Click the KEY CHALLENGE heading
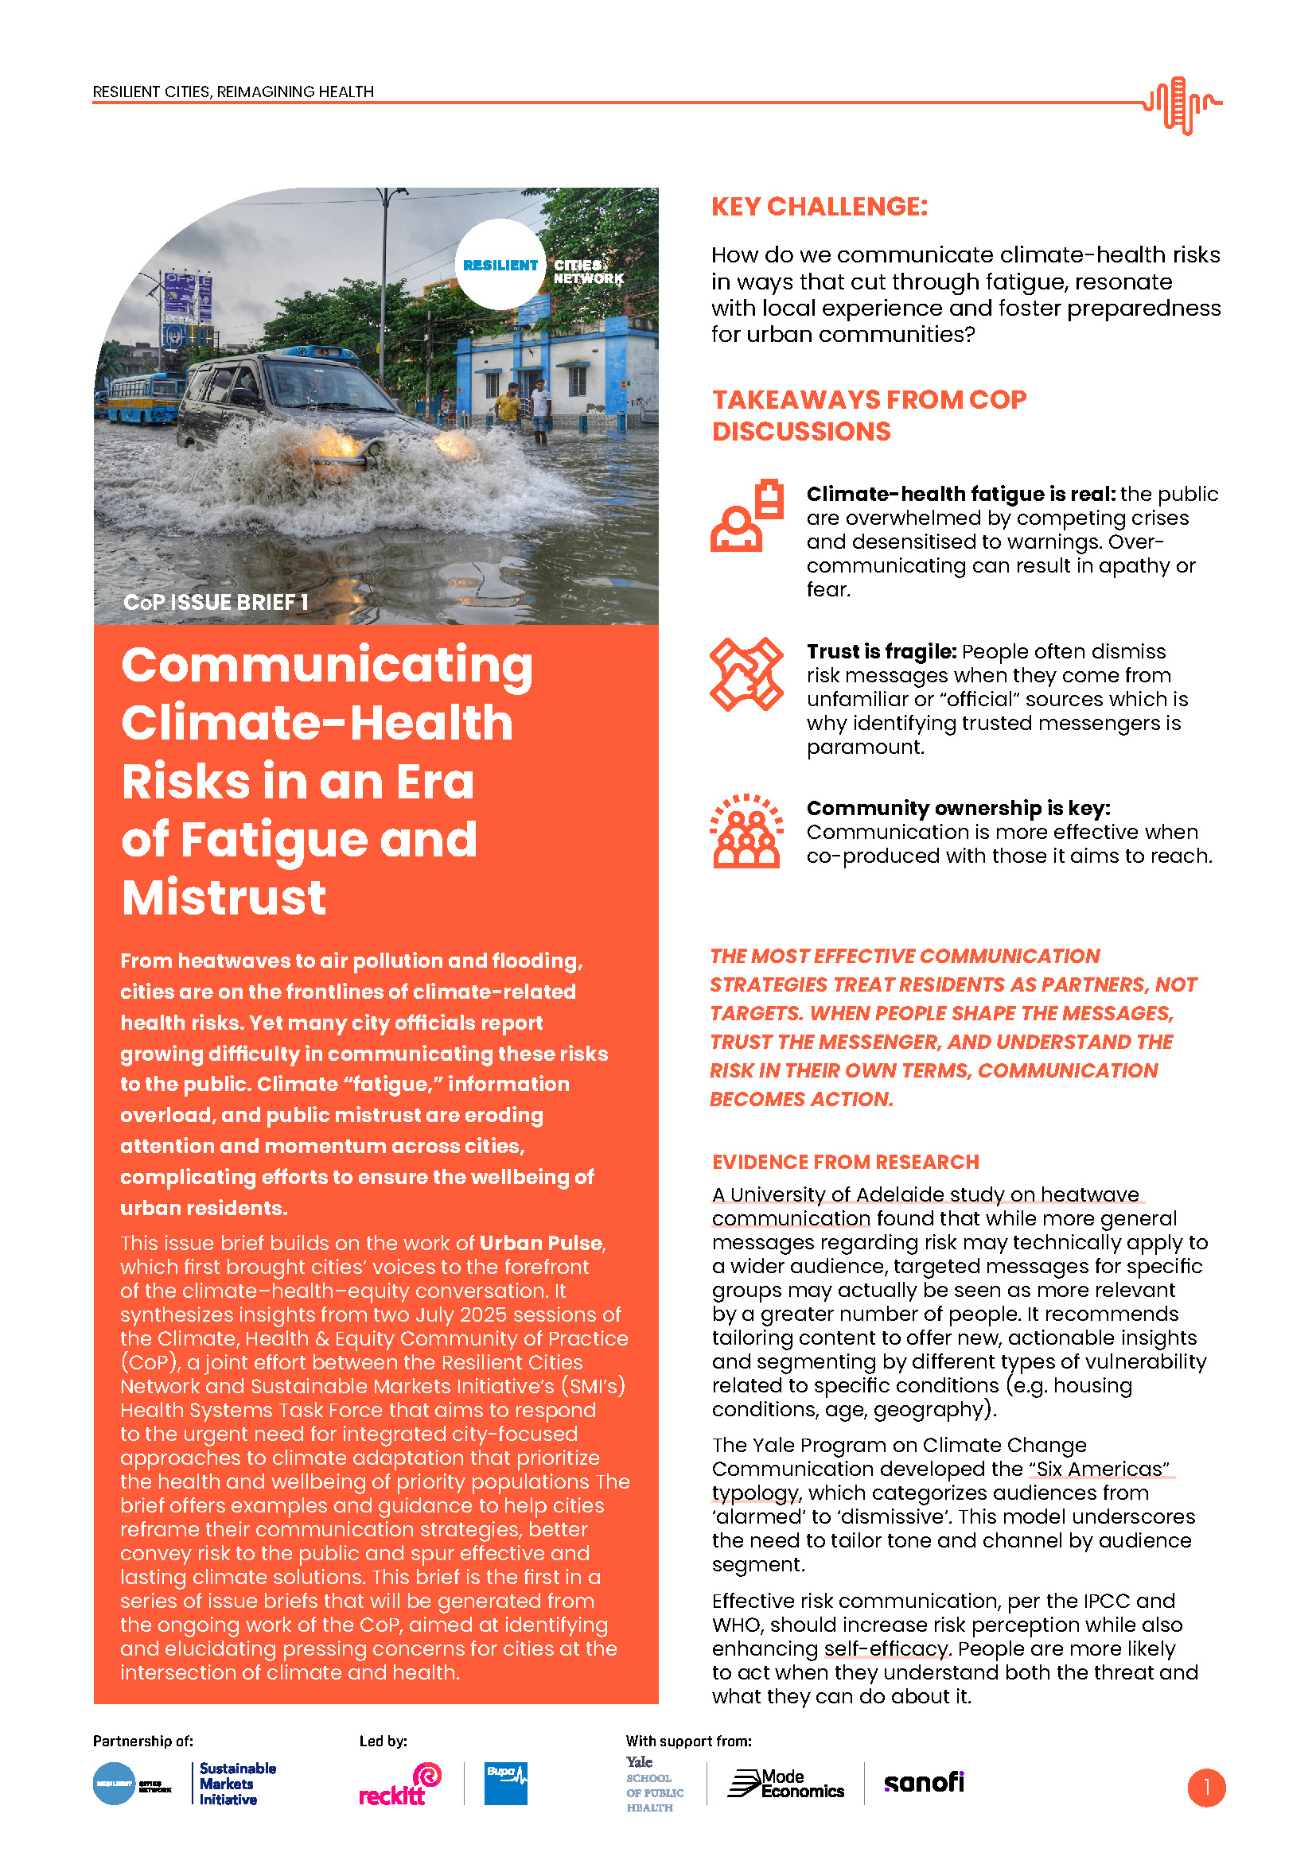click(819, 207)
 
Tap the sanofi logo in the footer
click(923, 1782)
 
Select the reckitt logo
click(399, 1784)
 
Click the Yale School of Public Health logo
click(654, 1784)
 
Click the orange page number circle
click(1205, 1787)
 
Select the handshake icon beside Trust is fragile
click(746, 674)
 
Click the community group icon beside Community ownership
click(746, 831)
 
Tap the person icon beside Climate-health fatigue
click(746, 517)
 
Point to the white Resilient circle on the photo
click(500, 265)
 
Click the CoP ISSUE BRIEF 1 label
click(216, 602)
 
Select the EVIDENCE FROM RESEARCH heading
click(845, 1162)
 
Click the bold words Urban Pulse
click(540, 1243)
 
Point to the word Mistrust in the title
click(224, 898)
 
